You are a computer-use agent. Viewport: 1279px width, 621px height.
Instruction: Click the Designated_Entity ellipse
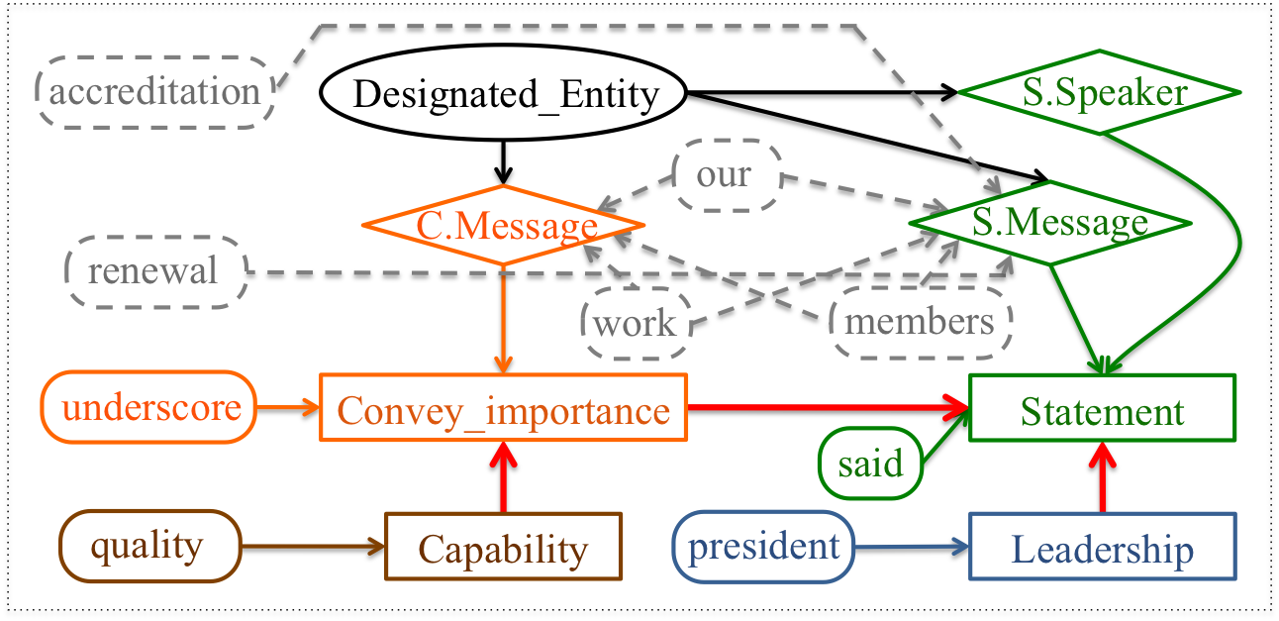(x=505, y=95)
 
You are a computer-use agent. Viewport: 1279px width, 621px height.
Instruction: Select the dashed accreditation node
(x=154, y=92)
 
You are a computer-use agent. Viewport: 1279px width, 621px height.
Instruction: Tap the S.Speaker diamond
(x=1099, y=93)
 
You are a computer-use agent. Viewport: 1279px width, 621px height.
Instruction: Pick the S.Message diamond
(x=1049, y=223)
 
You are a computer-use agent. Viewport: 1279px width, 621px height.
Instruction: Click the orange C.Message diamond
(x=506, y=226)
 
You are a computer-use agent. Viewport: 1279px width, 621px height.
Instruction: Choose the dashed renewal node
(x=155, y=271)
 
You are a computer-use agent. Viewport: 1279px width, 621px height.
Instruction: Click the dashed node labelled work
(x=636, y=323)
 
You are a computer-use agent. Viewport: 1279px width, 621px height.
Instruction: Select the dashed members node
(x=920, y=322)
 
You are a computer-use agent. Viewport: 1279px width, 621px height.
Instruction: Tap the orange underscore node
(x=148, y=407)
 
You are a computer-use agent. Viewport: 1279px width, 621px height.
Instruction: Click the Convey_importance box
(x=503, y=407)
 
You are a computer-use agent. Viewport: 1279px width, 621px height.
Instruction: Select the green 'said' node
(x=869, y=463)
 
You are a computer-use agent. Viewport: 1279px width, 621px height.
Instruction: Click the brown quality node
(x=149, y=546)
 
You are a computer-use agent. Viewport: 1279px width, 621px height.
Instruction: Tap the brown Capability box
(x=503, y=546)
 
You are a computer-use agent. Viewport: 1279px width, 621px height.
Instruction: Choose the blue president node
(x=762, y=546)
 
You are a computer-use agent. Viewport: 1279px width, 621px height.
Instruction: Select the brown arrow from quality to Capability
(x=312, y=546)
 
